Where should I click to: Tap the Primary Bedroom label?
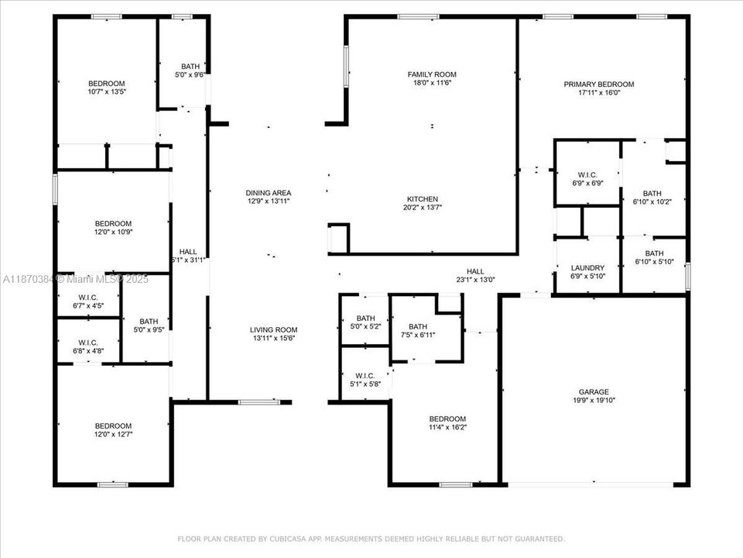click(598, 84)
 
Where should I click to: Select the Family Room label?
click(432, 74)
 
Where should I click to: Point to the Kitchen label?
click(423, 199)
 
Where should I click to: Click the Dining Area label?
click(268, 193)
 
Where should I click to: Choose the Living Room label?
click(273, 329)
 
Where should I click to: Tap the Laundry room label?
click(587, 267)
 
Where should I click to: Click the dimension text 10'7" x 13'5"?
click(106, 91)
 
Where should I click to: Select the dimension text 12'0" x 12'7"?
click(113, 434)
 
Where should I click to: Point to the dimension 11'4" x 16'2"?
click(448, 427)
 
